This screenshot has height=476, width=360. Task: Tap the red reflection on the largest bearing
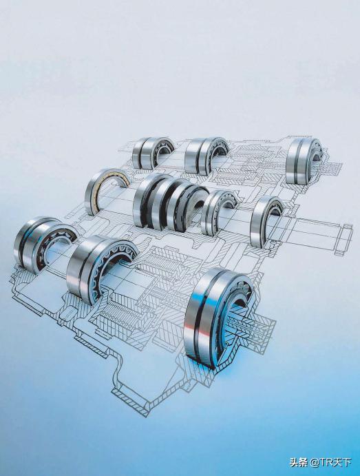coord(189,329)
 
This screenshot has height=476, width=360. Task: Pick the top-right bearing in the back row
coord(303,161)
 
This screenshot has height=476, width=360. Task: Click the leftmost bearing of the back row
coord(151,153)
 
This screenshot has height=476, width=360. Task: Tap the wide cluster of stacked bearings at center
coord(170,202)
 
